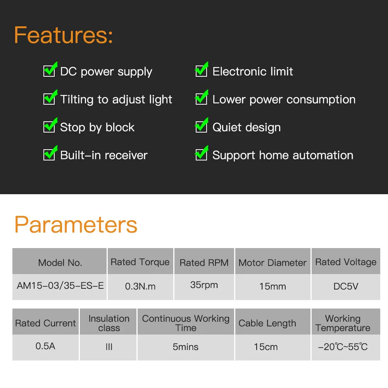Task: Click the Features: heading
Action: point(63,35)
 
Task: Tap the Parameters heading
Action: point(76,225)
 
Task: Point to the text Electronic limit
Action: point(253,71)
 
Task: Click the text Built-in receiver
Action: point(104,155)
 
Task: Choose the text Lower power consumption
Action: point(284,100)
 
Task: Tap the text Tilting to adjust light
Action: point(116,100)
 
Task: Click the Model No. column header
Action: point(60,261)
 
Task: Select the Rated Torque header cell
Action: point(140,261)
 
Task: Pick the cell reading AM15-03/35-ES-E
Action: point(60,287)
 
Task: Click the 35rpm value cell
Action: point(204,287)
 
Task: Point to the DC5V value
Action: point(346,287)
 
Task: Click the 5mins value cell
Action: point(186,347)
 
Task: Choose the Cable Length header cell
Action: point(273,322)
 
